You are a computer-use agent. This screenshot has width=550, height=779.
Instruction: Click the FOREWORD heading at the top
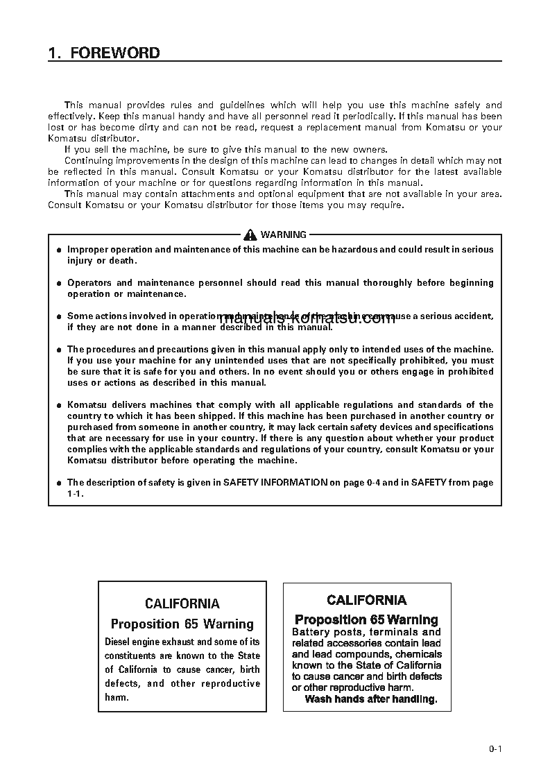[x=104, y=53]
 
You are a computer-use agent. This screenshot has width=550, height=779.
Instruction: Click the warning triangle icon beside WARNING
[x=250, y=234]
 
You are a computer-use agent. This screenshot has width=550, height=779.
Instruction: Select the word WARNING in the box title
[x=283, y=235]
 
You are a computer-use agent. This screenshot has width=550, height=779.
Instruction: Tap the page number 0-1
[x=495, y=748]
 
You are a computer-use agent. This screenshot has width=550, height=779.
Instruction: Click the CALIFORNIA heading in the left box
[x=182, y=604]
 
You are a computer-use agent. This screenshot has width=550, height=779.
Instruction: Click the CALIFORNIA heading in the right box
[x=367, y=600]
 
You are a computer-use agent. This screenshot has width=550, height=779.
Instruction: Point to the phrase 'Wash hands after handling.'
[x=371, y=699]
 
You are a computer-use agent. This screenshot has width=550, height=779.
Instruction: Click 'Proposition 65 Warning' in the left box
[x=182, y=624]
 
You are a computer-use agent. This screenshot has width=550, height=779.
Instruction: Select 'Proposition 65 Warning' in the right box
[x=366, y=619]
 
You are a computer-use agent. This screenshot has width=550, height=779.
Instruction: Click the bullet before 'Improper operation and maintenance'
[x=60, y=250]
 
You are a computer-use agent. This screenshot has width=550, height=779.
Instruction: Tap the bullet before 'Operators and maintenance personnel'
[x=60, y=283]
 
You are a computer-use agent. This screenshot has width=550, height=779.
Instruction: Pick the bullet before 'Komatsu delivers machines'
[x=60, y=405]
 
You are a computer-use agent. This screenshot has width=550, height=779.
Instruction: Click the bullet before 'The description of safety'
[x=60, y=483]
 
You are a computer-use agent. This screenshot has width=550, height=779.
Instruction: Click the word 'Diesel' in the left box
[x=119, y=642]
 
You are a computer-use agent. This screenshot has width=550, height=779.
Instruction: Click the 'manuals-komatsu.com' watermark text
[x=308, y=319]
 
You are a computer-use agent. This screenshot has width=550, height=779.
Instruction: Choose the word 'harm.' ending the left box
[x=117, y=697]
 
